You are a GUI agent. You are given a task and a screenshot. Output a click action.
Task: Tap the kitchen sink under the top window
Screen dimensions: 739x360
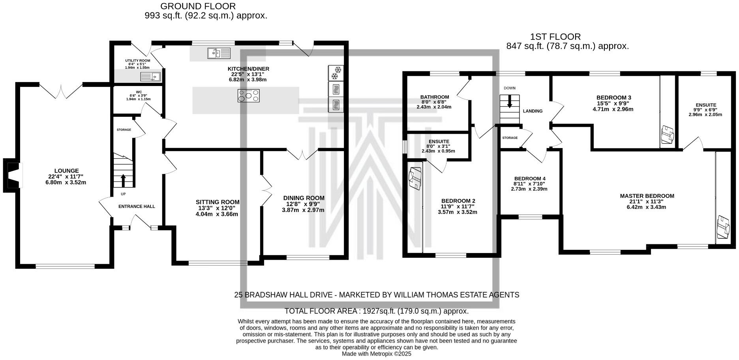pyautogui.click(x=219, y=53)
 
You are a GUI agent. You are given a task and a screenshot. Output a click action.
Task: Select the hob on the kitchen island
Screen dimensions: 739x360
pyautogui.click(x=249, y=96)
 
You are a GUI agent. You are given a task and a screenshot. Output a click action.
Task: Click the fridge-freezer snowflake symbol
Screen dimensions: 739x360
pyautogui.click(x=336, y=73)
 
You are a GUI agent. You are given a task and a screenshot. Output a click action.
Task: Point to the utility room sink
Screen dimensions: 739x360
pyautogui.click(x=150, y=77)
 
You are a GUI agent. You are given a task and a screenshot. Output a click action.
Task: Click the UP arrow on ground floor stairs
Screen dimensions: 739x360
pyautogui.click(x=123, y=180)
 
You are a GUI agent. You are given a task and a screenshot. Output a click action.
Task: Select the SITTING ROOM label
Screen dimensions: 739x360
pyautogui.click(x=218, y=202)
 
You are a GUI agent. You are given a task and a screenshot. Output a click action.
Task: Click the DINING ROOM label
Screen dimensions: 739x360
pyautogui.click(x=304, y=198)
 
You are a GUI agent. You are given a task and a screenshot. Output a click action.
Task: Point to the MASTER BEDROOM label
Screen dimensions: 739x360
pyautogui.click(x=647, y=196)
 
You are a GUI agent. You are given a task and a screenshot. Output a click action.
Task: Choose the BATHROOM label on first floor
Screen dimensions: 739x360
pyautogui.click(x=434, y=97)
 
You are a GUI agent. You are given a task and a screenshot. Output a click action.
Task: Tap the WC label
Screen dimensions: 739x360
pyautogui.click(x=139, y=92)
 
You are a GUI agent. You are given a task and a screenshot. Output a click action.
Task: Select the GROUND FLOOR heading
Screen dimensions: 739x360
pyautogui.click(x=198, y=6)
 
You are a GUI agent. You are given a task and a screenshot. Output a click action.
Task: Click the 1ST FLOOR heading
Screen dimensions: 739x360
pyautogui.click(x=555, y=37)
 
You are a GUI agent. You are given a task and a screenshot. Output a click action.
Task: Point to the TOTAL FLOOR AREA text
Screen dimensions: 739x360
pyautogui.click(x=376, y=311)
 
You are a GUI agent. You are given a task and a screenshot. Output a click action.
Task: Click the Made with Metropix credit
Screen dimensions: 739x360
pyautogui.click(x=376, y=354)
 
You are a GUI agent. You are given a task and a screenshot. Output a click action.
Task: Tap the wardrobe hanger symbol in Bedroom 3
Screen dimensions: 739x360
pyautogui.click(x=668, y=135)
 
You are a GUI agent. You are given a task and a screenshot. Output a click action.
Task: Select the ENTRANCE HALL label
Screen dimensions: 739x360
pyautogui.click(x=137, y=206)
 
